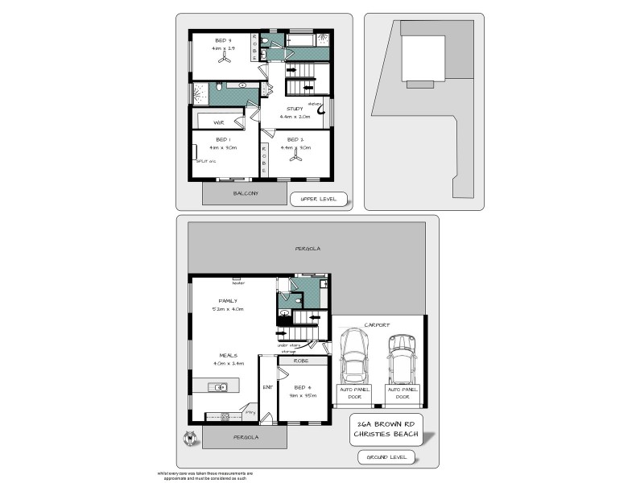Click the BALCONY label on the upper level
[x=246, y=193]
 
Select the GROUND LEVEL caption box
[x=387, y=457]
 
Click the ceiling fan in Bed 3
[x=224, y=60]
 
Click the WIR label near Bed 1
[x=218, y=122]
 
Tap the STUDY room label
[x=295, y=108]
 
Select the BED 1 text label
[x=223, y=139]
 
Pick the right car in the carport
[x=401, y=359]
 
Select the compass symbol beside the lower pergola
[x=191, y=438]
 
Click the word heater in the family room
[x=238, y=283]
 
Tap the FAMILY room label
[x=217, y=300]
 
